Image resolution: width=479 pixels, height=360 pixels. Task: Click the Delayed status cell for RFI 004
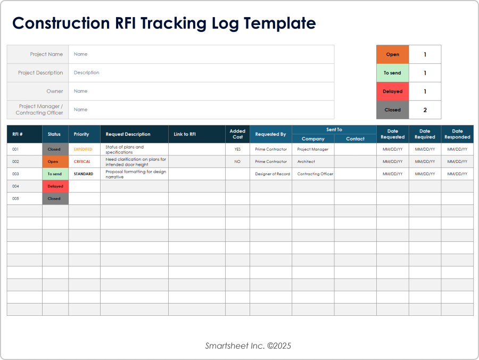click(55, 186)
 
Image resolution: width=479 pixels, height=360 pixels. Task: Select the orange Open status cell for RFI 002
click(55, 161)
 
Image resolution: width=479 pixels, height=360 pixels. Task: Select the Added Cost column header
click(237, 134)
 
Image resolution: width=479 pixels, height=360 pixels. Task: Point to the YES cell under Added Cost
click(237, 149)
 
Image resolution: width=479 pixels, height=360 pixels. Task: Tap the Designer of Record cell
click(272, 174)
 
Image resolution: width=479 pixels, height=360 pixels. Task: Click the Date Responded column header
click(457, 134)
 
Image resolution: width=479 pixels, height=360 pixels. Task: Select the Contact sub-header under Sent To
click(355, 139)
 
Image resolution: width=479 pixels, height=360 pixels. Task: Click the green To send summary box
click(393, 73)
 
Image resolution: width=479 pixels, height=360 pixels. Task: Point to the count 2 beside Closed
click(425, 110)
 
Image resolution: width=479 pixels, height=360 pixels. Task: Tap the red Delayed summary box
click(393, 92)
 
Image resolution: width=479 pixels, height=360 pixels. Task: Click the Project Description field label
click(40, 73)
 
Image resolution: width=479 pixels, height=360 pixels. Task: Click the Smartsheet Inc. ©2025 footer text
click(248, 346)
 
